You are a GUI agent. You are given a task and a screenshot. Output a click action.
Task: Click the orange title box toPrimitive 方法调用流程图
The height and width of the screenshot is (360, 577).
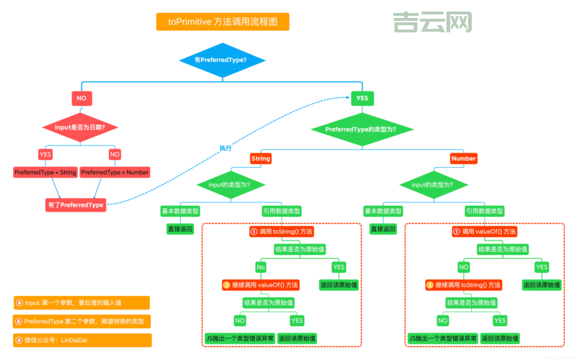coord(223,22)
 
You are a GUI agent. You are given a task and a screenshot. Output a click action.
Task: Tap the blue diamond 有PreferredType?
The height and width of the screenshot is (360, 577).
coord(220,60)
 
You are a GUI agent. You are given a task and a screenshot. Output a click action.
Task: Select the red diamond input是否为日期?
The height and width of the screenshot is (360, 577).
coord(85,127)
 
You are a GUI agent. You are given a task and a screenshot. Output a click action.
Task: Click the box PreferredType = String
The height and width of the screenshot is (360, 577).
coord(45,173)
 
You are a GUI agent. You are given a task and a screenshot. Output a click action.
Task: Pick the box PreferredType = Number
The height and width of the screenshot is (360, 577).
coord(115,173)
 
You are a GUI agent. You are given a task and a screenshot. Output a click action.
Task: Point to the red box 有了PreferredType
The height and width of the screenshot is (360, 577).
coord(76,204)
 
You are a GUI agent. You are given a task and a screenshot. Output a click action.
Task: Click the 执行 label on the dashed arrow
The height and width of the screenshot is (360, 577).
coord(225,148)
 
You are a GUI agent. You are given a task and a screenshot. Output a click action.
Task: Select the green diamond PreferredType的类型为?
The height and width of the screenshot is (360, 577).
coord(360,129)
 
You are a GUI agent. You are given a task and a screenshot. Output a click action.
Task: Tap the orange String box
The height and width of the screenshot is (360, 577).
coord(260,158)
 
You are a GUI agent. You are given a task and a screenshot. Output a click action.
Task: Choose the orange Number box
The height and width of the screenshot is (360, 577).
coord(463,158)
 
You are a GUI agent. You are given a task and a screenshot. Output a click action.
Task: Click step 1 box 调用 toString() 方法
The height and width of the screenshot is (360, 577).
coord(281,232)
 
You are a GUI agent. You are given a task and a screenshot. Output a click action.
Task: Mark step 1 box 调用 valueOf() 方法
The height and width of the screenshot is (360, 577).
coord(484,232)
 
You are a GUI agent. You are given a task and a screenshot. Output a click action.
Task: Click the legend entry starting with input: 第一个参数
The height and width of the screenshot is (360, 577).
coord(81,302)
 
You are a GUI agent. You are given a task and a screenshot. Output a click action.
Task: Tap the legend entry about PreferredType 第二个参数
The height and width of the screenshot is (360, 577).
coord(81,321)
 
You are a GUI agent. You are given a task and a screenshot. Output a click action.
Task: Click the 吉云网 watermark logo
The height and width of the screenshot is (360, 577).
coord(432,22)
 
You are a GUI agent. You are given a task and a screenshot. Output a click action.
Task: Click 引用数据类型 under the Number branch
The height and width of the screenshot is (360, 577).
coord(484,211)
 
